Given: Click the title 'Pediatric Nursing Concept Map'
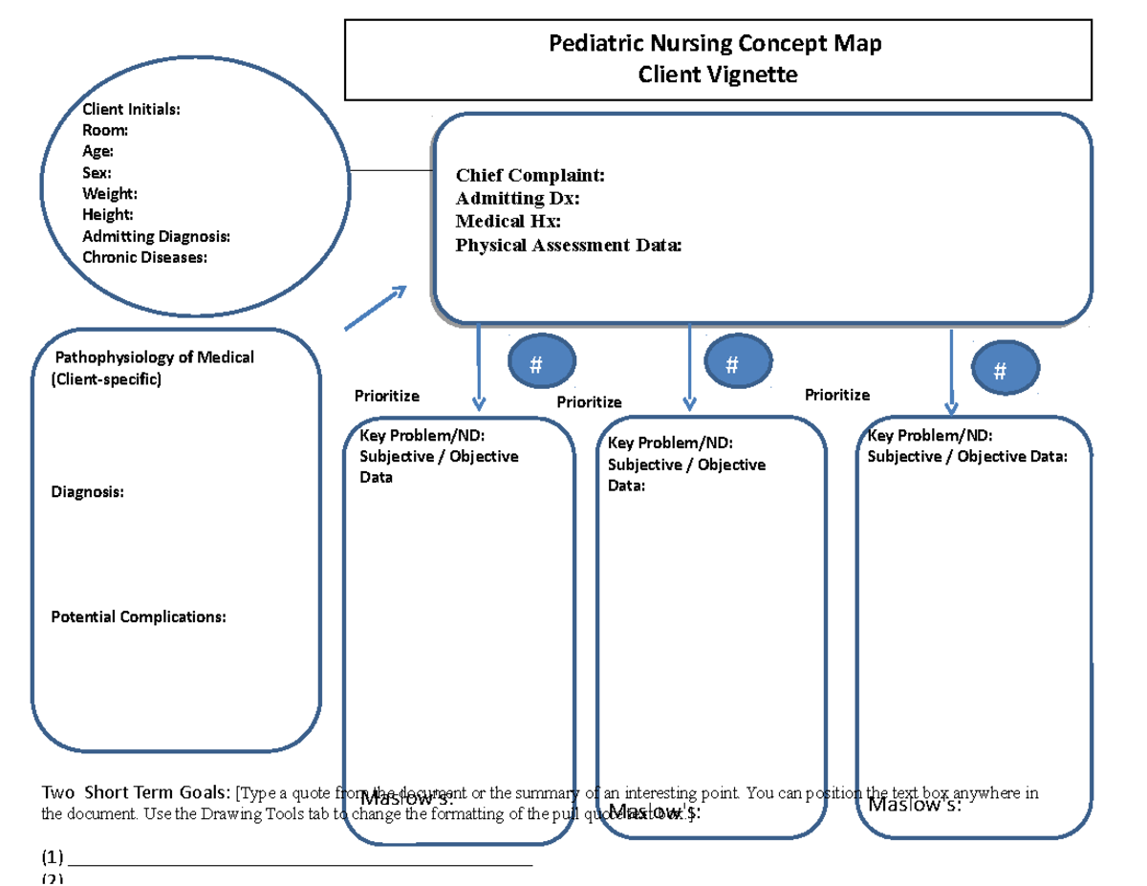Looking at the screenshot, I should point(716,43).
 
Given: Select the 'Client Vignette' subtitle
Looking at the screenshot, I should point(717,74).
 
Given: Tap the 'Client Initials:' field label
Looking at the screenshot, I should point(130,110).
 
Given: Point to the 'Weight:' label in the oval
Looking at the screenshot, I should point(102,194).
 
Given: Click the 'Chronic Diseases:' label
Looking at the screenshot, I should point(143,257).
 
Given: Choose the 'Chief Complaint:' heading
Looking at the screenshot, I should point(530,175).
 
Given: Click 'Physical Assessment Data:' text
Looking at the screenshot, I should point(569,246).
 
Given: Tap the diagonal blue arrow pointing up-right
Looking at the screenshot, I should point(376,308).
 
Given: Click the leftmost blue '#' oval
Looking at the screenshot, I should point(536,364).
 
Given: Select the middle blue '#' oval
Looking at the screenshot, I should point(732,364).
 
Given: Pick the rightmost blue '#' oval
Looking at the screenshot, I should point(1000,371).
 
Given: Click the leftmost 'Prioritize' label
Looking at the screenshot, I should point(386,396).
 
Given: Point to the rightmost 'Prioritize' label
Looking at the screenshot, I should point(837,395).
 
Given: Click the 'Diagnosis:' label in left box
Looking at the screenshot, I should point(86,492).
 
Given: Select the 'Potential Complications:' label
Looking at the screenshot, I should point(138,616).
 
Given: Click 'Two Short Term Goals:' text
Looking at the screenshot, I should point(135,792).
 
